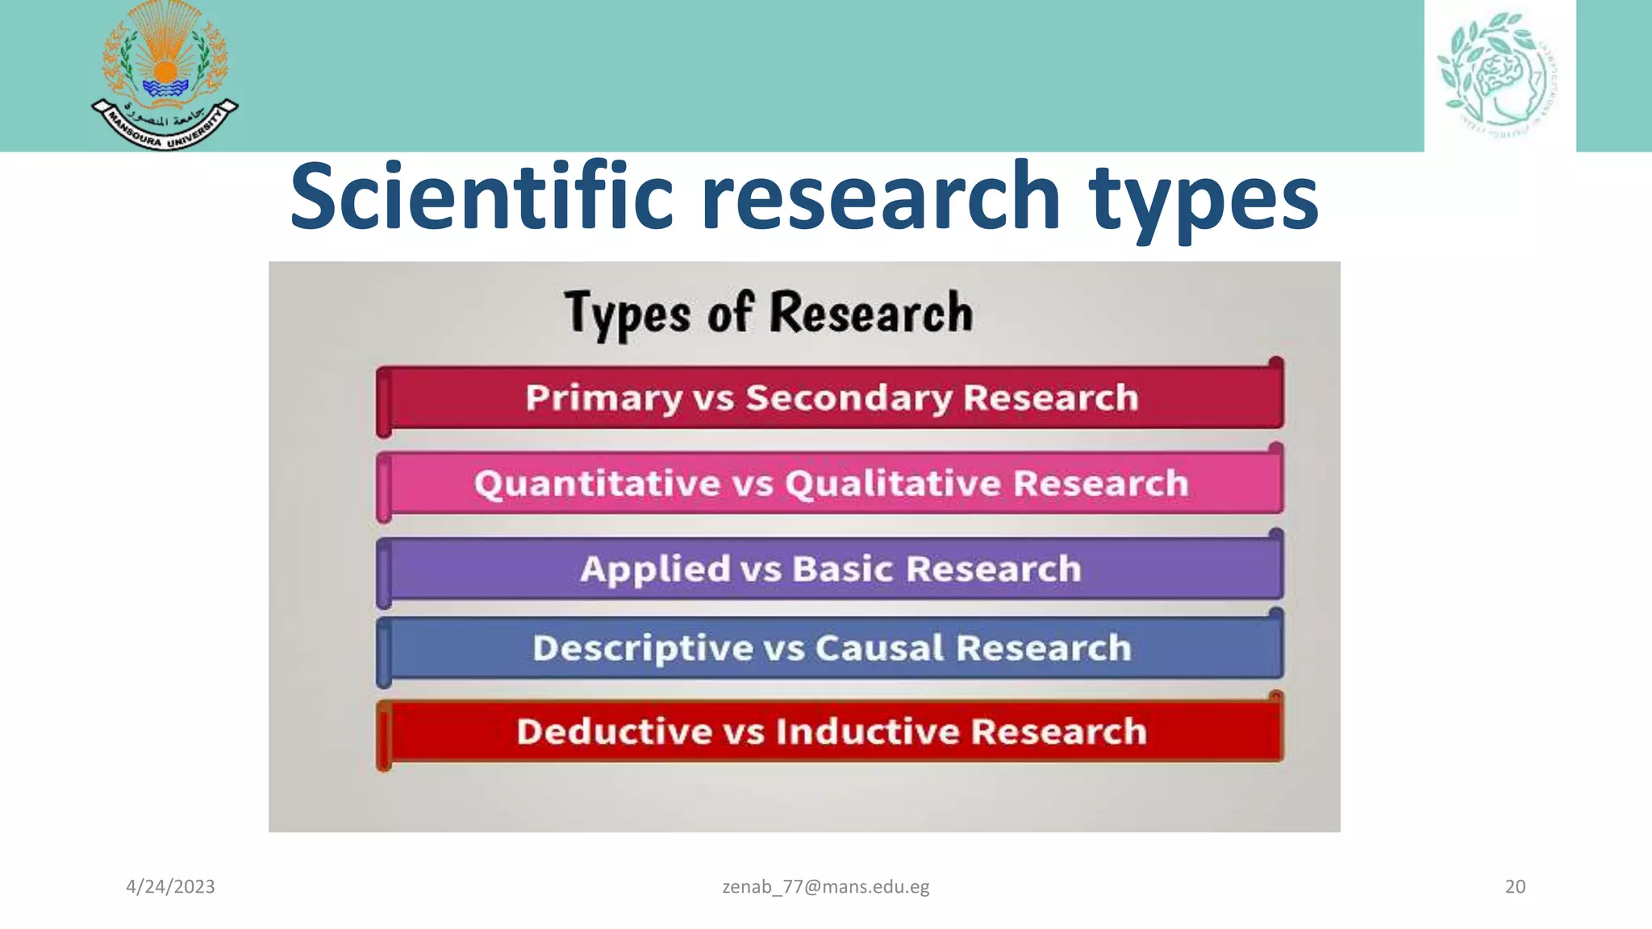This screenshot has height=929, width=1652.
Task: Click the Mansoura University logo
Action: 165,76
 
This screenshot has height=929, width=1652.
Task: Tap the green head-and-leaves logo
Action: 1498,75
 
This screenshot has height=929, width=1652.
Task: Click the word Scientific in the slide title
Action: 481,197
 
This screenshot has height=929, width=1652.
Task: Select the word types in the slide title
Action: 1204,198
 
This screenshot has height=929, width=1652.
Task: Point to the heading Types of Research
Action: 768,313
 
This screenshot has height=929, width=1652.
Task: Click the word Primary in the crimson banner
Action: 604,398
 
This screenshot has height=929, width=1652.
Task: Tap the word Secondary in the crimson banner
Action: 849,398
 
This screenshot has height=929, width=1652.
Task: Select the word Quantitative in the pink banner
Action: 597,484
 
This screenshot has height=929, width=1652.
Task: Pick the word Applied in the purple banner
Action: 654,569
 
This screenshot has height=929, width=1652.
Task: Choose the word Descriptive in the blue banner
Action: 642,648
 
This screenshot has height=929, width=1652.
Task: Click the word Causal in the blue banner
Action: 878,648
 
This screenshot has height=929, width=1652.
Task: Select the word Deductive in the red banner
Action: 613,732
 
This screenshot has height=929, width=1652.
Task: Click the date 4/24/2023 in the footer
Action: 170,887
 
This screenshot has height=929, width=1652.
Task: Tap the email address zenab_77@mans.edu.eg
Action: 825,887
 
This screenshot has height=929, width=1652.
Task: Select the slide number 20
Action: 1515,887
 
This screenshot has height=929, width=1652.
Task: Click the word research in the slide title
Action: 880,197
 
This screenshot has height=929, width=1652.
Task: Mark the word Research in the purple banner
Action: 993,569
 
